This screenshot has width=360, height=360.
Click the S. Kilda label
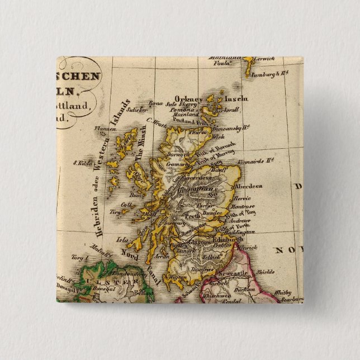tap(82, 164)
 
